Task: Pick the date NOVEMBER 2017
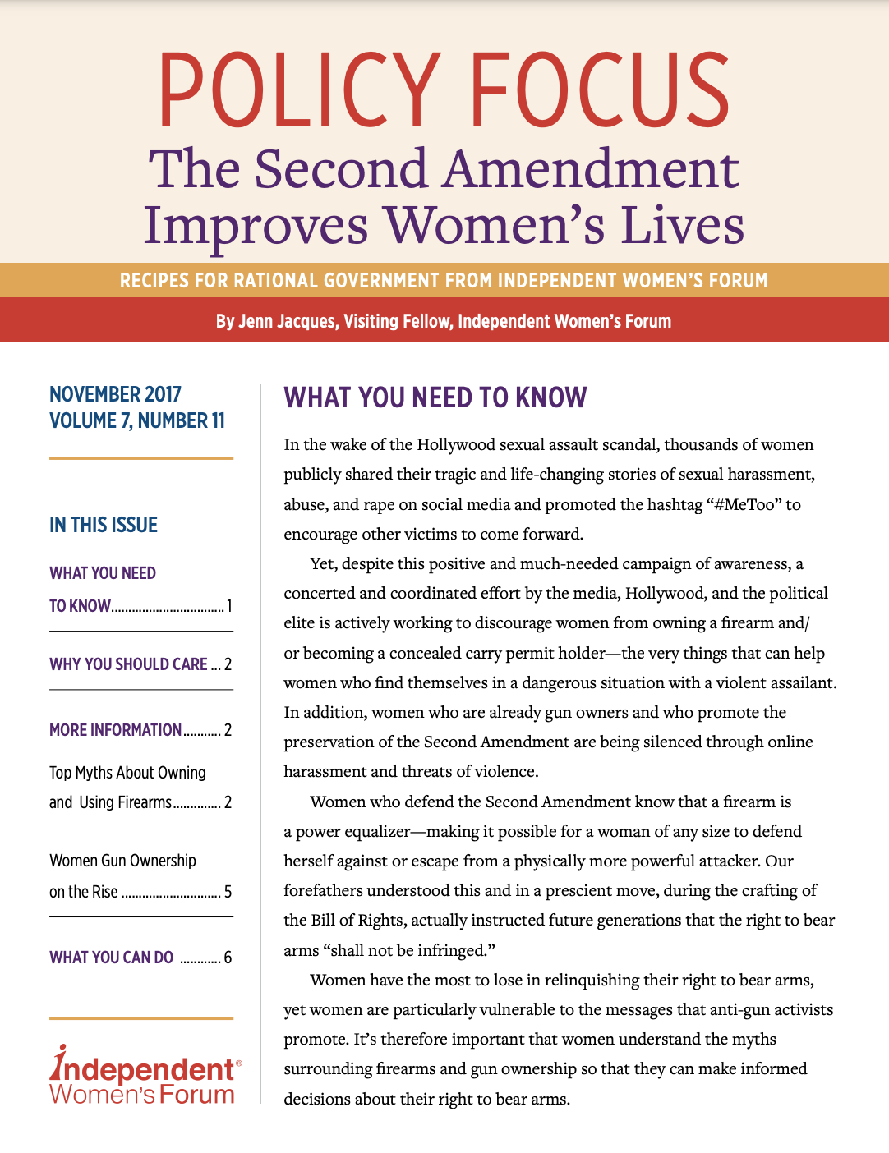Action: coord(115,394)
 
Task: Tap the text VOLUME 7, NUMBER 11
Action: coord(136,420)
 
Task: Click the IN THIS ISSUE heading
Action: coord(104,525)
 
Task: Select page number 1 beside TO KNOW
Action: coord(229,606)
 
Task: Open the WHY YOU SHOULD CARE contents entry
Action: coord(128,664)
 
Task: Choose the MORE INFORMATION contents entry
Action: coord(115,730)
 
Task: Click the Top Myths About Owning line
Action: coord(127,773)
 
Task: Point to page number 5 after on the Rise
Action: coord(228,892)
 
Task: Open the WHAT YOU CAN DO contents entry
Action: coord(111,958)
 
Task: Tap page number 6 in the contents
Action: coord(228,958)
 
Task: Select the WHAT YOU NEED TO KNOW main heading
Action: coord(435,397)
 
